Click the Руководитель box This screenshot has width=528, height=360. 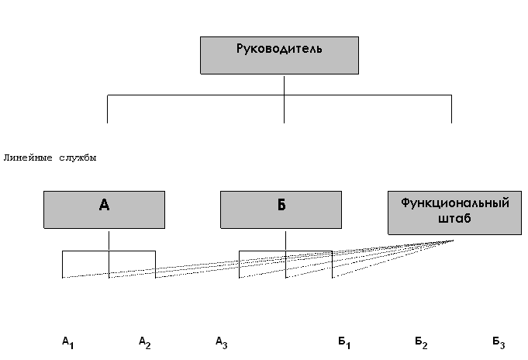click(x=279, y=54)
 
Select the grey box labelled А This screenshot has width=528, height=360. click(x=104, y=209)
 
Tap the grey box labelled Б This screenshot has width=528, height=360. click(x=281, y=209)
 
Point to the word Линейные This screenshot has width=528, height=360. click(x=28, y=157)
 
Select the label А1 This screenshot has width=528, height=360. click(x=67, y=341)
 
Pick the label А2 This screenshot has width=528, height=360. click(x=144, y=341)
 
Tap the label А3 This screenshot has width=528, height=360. click(x=221, y=341)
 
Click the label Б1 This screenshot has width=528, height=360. click(x=344, y=341)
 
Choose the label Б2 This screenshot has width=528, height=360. click(x=421, y=341)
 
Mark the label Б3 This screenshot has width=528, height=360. click(x=499, y=341)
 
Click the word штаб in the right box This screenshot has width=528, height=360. click(x=455, y=219)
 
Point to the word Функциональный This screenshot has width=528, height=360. click(x=455, y=203)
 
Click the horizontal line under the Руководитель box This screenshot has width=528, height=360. click(x=194, y=95)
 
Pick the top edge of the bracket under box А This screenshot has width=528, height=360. click(x=85, y=251)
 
